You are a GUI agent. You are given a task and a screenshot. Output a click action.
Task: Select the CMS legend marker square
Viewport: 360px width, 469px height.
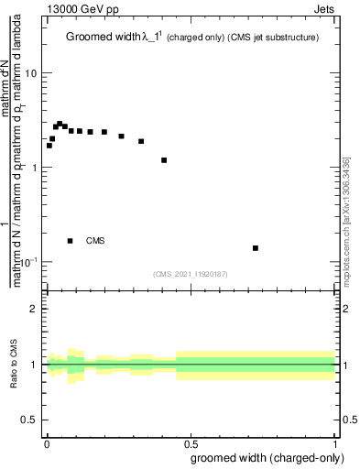70,241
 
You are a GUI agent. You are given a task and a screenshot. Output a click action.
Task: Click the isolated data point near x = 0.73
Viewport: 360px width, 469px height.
256,248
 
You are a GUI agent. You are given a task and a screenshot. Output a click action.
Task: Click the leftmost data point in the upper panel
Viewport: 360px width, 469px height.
49,146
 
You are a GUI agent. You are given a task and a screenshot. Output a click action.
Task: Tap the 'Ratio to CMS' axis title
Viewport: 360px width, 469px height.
15,365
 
